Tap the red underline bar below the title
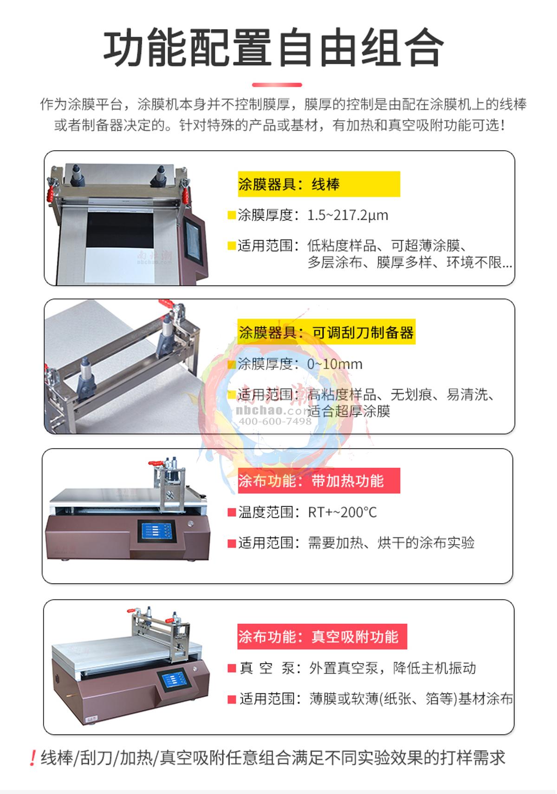[x=277, y=85]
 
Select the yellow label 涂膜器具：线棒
[x=318, y=184]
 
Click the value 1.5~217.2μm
[x=348, y=215]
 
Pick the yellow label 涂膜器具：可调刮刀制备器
[x=326, y=332]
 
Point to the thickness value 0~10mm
[x=335, y=364]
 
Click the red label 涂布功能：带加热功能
[x=318, y=481]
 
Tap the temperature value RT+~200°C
[x=343, y=512]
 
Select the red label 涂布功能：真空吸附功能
[x=322, y=636]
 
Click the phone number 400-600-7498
[x=275, y=421]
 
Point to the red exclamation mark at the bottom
[x=32, y=759]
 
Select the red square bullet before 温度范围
[x=232, y=513]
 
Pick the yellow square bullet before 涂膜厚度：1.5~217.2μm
[x=231, y=215]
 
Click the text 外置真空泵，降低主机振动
[x=393, y=668]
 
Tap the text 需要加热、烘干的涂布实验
[x=391, y=542]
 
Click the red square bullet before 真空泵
[x=232, y=668]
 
